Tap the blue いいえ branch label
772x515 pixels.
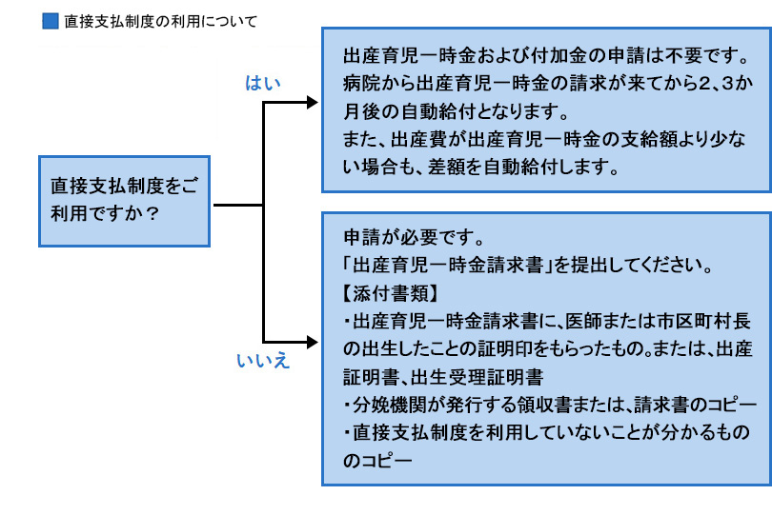click(263, 361)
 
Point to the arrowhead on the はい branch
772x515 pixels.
click(313, 101)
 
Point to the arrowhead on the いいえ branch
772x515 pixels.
click(313, 340)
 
